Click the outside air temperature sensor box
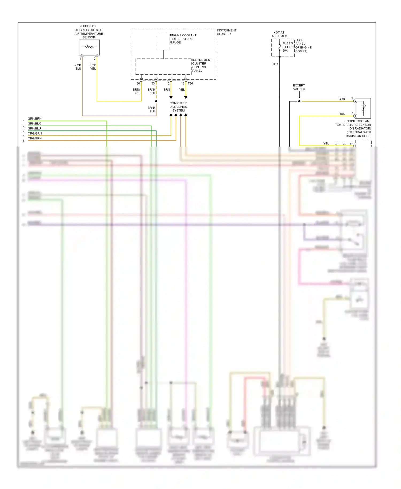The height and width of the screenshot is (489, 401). (x=89, y=47)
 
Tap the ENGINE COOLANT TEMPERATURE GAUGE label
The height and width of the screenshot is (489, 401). (x=183, y=39)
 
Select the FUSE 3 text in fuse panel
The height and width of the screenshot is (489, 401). (x=288, y=43)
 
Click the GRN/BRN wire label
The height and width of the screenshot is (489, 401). (x=34, y=119)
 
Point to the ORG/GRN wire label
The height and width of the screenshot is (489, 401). (x=35, y=133)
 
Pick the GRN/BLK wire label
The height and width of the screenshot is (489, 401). (x=34, y=124)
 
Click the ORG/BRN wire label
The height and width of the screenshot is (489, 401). (x=34, y=138)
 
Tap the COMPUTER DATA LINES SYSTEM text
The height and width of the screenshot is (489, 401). (x=178, y=107)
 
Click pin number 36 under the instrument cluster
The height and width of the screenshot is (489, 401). (x=138, y=83)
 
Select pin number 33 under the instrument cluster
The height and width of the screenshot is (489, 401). (x=153, y=83)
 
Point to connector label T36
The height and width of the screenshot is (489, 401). (x=190, y=83)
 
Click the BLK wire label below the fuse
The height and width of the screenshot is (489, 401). (x=276, y=64)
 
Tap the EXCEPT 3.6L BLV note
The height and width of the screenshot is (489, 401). (x=299, y=87)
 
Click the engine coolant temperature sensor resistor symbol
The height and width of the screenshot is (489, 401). (x=364, y=108)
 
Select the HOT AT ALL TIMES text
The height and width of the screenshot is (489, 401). (x=279, y=34)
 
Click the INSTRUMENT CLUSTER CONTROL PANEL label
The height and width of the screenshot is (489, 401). (x=202, y=65)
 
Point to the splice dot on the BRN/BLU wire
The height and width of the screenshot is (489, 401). (x=156, y=101)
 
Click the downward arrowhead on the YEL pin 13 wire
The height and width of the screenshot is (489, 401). (x=186, y=98)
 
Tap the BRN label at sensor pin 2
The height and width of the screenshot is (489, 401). (x=342, y=99)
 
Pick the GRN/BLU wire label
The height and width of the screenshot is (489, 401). (x=34, y=128)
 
